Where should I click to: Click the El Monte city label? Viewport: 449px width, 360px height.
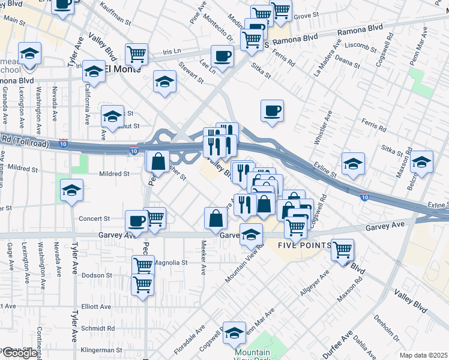pyautogui.click(x=122, y=69)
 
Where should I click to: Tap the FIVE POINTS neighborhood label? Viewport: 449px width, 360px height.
pyautogui.click(x=304, y=246)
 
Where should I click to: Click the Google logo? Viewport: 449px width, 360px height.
pyautogui.click(x=19, y=353)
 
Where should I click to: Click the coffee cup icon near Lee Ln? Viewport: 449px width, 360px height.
pyautogui.click(x=223, y=58)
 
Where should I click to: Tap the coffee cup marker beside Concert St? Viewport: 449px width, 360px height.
pyautogui.click(x=137, y=221)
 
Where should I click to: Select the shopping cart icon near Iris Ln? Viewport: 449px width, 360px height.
pyautogui.click(x=137, y=54)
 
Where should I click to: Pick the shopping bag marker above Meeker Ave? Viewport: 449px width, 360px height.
pyautogui.click(x=215, y=218)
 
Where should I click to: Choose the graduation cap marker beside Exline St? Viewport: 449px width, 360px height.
pyautogui.click(x=353, y=163)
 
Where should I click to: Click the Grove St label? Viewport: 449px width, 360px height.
pyautogui.click(x=306, y=15)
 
